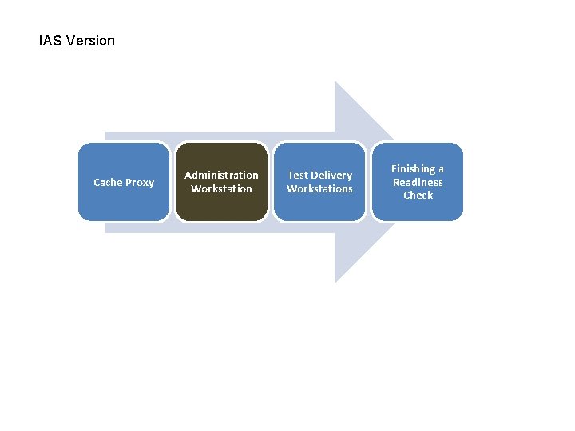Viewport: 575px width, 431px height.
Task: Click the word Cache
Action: (x=109, y=183)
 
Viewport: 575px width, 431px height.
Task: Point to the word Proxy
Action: (x=140, y=183)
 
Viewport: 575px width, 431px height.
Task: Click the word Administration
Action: (x=221, y=176)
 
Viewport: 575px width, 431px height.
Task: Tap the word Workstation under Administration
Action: (x=221, y=189)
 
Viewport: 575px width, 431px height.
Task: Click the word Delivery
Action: (x=331, y=176)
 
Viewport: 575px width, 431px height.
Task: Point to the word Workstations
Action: (x=319, y=189)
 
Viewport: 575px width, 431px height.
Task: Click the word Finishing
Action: (x=412, y=169)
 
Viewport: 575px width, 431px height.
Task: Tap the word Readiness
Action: (x=418, y=182)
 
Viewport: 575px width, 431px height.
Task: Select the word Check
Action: (x=418, y=196)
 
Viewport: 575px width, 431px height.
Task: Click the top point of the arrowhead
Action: (x=336, y=83)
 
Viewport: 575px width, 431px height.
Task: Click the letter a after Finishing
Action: (x=441, y=169)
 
